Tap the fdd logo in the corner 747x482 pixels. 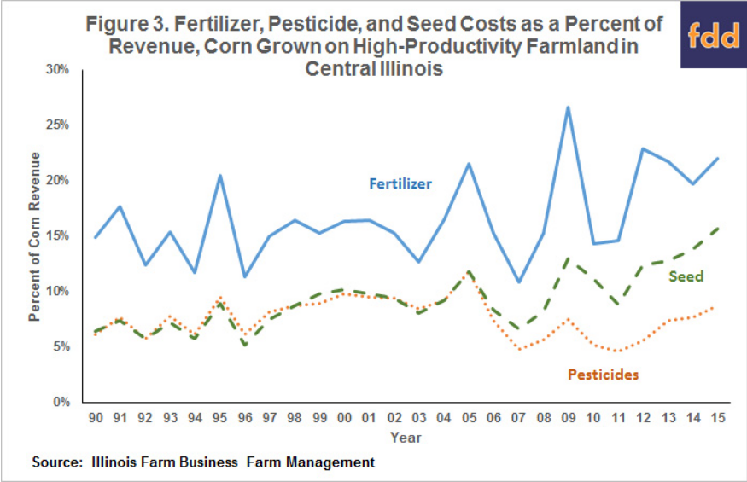tap(711, 35)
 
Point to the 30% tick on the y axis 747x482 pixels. tap(57, 69)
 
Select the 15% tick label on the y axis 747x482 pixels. tap(57, 236)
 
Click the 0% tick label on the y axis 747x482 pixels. tap(61, 402)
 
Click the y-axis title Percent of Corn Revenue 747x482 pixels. tap(35, 235)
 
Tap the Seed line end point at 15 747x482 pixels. tap(723, 228)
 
